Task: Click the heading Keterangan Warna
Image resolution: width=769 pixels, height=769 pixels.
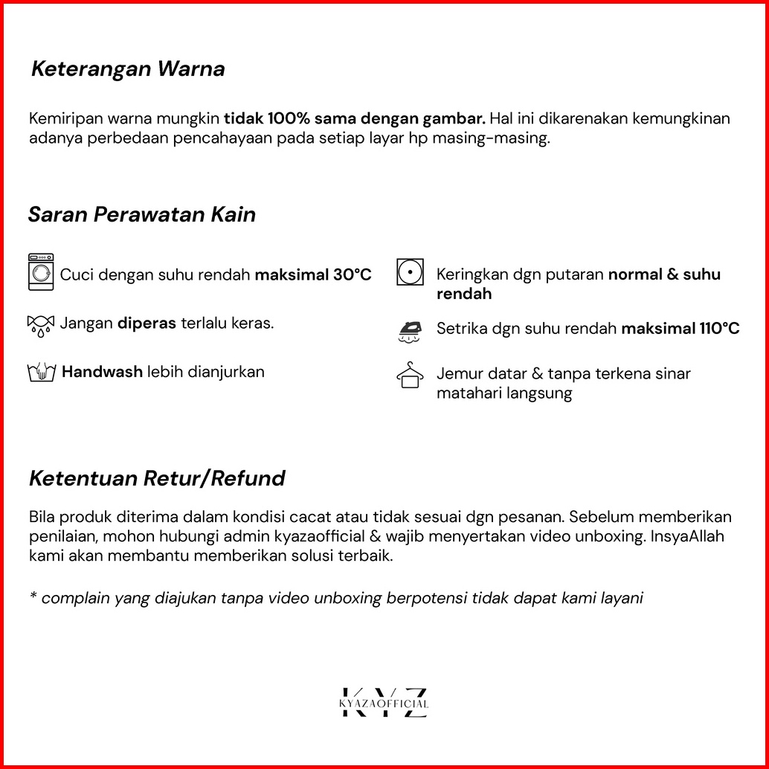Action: [128, 70]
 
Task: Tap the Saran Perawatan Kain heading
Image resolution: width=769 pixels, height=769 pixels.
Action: [142, 215]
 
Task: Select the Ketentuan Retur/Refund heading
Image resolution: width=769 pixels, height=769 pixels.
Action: [157, 478]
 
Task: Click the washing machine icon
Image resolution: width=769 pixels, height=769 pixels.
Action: [41, 272]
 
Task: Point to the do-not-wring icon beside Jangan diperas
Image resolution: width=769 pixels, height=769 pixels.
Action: [40, 325]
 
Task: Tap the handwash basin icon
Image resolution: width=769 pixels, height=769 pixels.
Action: [42, 372]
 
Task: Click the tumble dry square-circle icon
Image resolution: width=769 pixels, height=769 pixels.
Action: [410, 272]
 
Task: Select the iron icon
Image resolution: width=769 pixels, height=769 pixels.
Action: [410, 330]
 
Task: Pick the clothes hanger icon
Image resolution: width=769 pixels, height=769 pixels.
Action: [410, 375]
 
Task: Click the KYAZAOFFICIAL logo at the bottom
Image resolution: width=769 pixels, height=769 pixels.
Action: [384, 704]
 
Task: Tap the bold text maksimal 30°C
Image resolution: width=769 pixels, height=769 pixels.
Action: [313, 275]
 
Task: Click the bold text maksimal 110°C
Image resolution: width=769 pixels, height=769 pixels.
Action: [680, 329]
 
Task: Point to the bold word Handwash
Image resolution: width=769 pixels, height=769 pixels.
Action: [102, 372]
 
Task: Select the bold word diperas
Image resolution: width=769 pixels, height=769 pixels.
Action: [147, 324]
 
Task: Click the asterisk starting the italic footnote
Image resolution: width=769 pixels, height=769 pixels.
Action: [33, 597]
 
